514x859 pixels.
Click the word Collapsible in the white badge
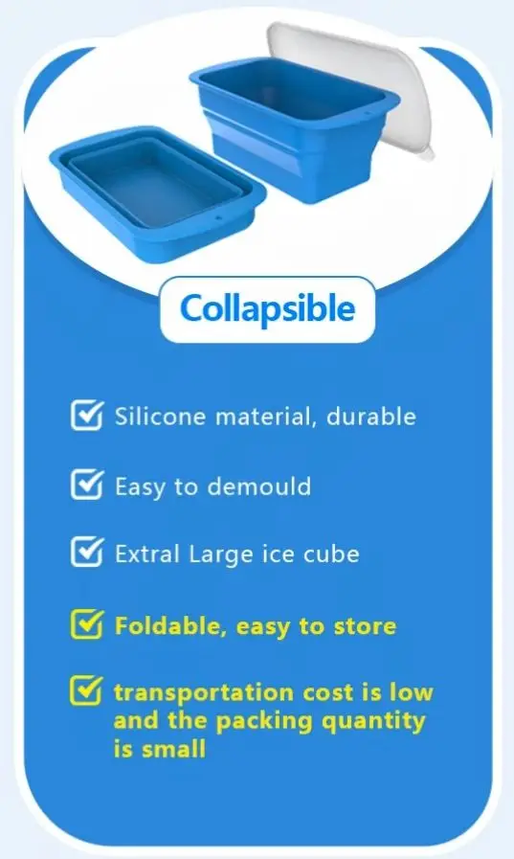click(x=267, y=309)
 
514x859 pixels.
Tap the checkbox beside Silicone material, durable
click(x=87, y=416)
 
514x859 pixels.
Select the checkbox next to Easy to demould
click(x=87, y=485)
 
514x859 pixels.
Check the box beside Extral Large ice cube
click(x=87, y=553)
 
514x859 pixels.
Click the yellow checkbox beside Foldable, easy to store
click(x=87, y=624)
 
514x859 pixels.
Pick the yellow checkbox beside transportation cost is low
click(x=87, y=690)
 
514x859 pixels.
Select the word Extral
click(x=146, y=554)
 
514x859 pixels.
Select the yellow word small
click(x=173, y=749)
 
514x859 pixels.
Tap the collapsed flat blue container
click(x=153, y=182)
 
